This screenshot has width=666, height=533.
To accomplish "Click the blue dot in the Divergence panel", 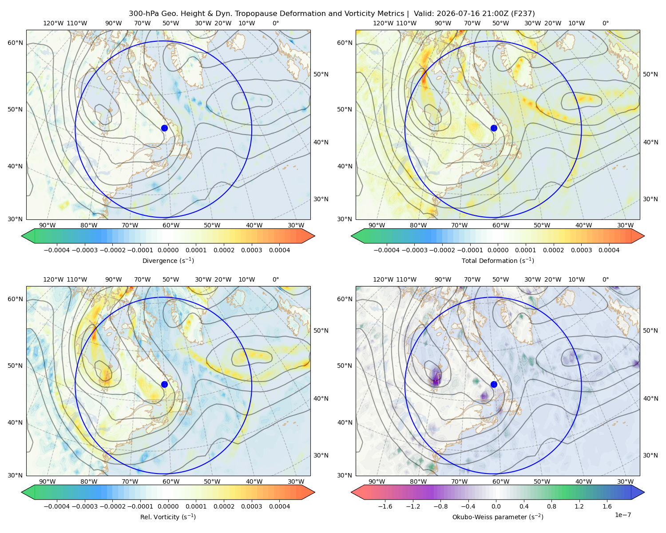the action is pyautogui.click(x=164, y=128).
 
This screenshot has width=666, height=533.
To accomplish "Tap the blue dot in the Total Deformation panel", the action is pyautogui.click(x=494, y=128).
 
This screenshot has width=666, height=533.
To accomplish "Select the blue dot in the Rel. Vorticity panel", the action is pyautogui.click(x=164, y=384).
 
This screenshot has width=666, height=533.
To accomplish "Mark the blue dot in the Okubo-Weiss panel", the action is pyautogui.click(x=494, y=384).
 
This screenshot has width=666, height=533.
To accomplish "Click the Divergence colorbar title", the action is pyautogui.click(x=168, y=260).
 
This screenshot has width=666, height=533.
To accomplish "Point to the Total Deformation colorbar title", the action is pyautogui.click(x=498, y=260).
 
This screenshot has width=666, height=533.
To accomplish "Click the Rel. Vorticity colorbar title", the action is pyautogui.click(x=168, y=517).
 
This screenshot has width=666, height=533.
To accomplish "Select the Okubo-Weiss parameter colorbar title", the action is pyautogui.click(x=498, y=517).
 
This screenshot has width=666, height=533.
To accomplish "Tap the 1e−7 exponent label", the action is pyautogui.click(x=622, y=515).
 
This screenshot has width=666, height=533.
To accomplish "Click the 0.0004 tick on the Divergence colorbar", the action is pyautogui.click(x=279, y=250).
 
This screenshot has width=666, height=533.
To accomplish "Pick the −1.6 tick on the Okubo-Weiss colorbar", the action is pyautogui.click(x=385, y=506).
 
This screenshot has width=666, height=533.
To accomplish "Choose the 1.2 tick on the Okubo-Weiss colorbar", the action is pyautogui.click(x=579, y=506).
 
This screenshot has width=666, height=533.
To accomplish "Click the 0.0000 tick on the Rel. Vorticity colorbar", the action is pyautogui.click(x=168, y=506).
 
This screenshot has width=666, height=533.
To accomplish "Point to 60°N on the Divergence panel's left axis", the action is pyautogui.click(x=15, y=43).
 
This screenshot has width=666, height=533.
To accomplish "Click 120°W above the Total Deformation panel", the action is pyautogui.click(x=383, y=23).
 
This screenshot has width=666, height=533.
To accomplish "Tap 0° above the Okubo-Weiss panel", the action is pyautogui.click(x=605, y=279).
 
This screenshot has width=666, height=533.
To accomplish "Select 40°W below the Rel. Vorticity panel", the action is pyautogui.click(x=254, y=481).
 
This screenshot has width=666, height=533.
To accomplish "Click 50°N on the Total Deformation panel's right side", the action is pyautogui.click(x=650, y=74).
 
